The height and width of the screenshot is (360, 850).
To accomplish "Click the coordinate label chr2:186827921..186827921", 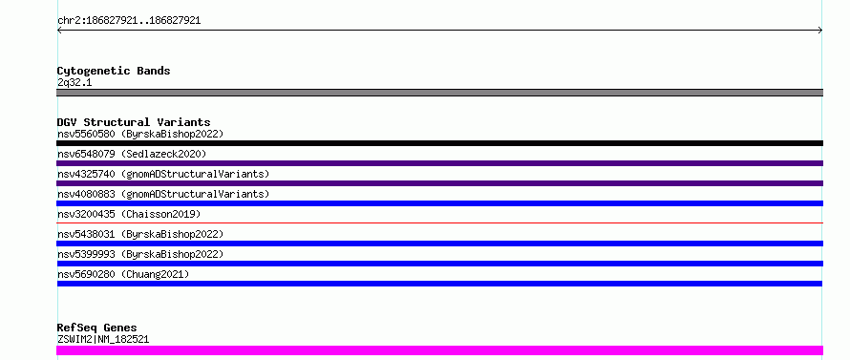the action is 129,21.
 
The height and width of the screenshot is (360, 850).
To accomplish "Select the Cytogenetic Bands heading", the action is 114,71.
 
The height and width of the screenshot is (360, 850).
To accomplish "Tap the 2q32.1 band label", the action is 74,83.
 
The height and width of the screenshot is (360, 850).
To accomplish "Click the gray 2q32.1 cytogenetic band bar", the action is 439,93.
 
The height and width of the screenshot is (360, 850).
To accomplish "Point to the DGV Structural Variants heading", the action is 134,122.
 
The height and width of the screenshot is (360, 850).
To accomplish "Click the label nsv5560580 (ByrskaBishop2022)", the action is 140,134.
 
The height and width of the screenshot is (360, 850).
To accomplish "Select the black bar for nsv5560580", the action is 439,143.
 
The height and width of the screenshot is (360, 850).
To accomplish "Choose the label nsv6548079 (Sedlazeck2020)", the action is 132,154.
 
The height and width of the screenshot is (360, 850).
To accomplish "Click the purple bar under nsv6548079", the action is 439,163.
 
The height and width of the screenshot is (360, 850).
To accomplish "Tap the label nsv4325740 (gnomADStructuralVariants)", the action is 163,174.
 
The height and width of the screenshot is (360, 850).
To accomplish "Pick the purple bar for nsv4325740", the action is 439,183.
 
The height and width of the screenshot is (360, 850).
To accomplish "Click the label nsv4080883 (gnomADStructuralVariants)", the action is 163,194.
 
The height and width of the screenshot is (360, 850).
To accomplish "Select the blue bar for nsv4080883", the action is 439,203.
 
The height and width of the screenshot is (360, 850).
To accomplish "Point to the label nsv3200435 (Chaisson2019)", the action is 129,214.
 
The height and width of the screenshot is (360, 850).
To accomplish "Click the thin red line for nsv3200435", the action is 439,222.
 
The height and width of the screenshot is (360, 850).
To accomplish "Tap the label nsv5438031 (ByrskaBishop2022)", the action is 140,234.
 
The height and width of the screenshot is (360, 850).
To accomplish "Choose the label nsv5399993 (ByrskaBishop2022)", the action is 140,254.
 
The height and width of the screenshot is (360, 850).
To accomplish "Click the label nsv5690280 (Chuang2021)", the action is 123,274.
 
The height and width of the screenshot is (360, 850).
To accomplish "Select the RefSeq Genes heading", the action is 97,328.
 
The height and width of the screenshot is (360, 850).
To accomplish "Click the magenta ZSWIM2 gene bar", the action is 439,350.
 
